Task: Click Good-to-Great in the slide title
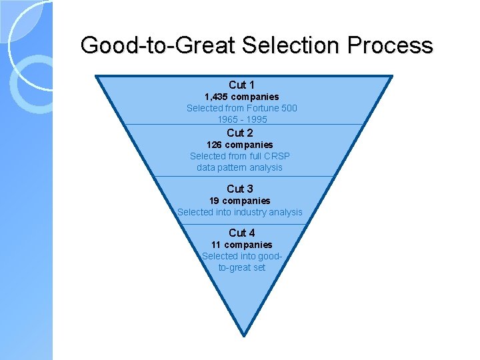point(158,45)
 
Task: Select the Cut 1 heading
point(241,85)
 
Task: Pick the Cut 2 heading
point(240,133)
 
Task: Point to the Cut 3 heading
point(240,189)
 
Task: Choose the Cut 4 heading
point(241,233)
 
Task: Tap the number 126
point(214,145)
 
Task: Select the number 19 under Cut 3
point(215,201)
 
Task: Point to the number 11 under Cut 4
point(216,245)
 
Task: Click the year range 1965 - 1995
point(242,119)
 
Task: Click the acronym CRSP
point(276,156)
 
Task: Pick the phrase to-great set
point(241,267)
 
